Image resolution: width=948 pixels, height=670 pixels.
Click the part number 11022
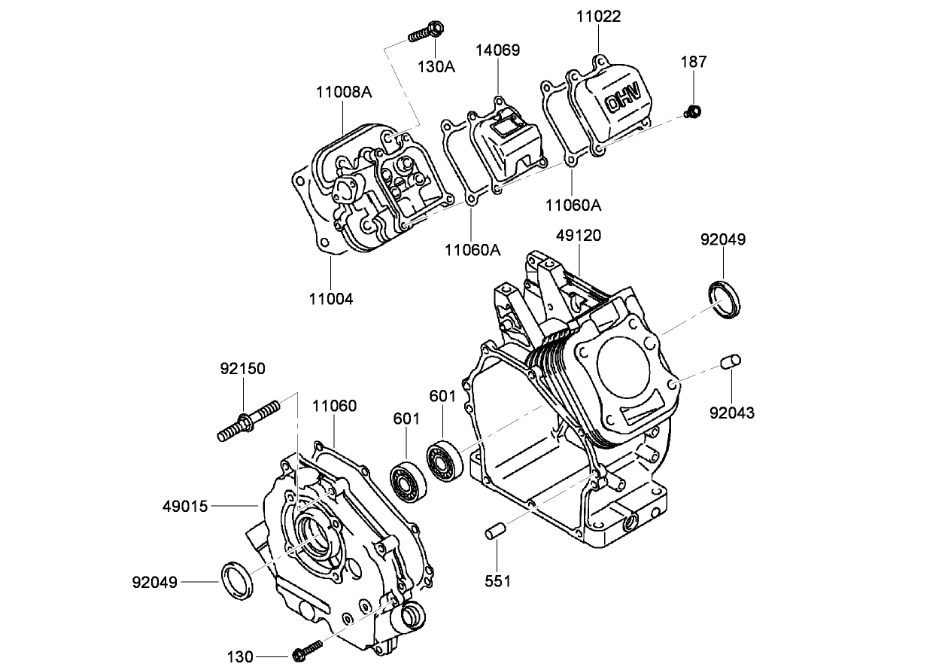pos(599,16)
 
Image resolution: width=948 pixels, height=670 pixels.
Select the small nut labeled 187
pos(693,113)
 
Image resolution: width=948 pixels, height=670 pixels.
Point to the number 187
pos(694,62)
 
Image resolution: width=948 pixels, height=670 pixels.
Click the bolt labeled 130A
pos(425,32)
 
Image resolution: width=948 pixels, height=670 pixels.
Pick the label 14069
pos(497,50)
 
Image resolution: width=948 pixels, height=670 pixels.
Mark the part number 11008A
pos(344,93)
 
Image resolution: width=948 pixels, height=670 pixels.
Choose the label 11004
pos(330,298)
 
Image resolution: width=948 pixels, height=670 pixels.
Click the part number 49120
pos(579,236)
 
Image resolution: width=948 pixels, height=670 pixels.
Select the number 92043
pos(732,413)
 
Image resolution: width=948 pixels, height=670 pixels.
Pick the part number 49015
pos(185,506)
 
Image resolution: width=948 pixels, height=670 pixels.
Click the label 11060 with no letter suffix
pos(335,407)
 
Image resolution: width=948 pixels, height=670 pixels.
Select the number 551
pos(497,580)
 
